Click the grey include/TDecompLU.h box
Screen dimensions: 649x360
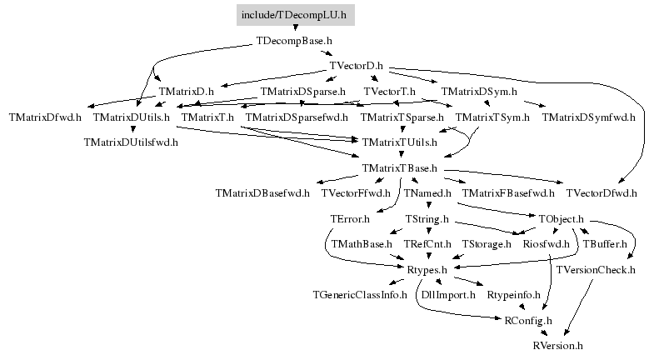(x=296, y=15)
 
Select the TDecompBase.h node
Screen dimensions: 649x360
(x=294, y=41)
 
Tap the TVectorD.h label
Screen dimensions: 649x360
(x=357, y=66)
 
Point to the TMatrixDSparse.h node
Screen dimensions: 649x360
(x=303, y=92)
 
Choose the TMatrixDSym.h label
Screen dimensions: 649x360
(x=479, y=92)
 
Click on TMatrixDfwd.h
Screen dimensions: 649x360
(x=45, y=117)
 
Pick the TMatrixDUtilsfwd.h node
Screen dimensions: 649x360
(x=131, y=142)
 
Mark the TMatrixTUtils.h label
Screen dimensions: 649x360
(x=399, y=142)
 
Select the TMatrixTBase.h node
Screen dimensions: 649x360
(x=399, y=168)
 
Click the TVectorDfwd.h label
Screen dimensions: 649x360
(x=602, y=193)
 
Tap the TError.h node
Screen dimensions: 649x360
(x=350, y=219)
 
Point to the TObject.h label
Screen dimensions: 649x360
(x=562, y=219)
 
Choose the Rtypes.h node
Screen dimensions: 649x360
(x=427, y=270)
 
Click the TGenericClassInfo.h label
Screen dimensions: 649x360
(x=360, y=295)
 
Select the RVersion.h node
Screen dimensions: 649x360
(x=557, y=346)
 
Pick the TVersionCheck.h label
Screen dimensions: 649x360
(x=595, y=270)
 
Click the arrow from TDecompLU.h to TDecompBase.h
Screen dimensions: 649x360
(x=296, y=28)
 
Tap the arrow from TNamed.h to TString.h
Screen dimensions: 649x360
(x=428, y=204)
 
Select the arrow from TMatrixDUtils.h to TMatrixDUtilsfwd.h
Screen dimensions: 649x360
(x=132, y=129)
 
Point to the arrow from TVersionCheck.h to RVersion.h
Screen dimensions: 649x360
(x=579, y=307)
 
